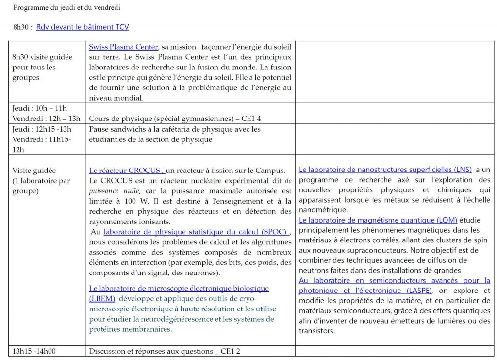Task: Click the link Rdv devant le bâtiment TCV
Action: pos(83,27)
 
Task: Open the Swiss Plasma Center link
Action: pos(123,47)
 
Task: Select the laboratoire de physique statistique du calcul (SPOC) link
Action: pos(197,232)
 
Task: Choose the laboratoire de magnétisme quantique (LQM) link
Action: pos(378,220)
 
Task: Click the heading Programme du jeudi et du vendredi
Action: pos(67,8)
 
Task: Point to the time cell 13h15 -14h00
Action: pos(32,351)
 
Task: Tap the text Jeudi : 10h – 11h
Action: pos(39,108)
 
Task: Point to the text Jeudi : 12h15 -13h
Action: pos(42,129)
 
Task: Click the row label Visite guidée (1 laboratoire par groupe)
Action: pos(41,181)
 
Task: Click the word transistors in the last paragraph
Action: pos(317,331)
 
